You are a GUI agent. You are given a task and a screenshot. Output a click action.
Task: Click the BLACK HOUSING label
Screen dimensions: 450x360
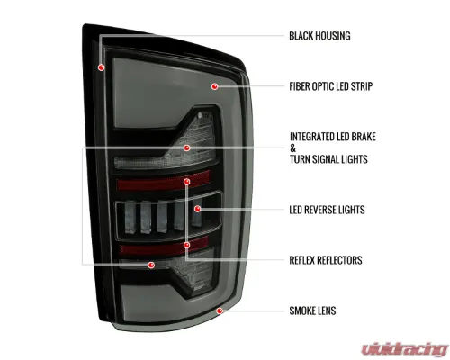319,36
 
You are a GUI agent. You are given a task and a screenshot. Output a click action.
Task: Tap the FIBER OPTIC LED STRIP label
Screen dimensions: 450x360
331,86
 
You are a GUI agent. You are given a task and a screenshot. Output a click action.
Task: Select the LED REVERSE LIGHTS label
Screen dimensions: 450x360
327,210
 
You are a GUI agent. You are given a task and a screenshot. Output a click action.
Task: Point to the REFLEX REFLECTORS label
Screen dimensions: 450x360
326,260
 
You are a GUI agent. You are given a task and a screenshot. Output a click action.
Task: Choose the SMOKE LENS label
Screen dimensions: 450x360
312,310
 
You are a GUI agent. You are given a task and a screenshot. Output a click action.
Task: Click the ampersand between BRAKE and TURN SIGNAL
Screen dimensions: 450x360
292,148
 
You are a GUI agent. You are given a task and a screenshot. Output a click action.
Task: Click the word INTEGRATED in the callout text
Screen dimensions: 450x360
311,137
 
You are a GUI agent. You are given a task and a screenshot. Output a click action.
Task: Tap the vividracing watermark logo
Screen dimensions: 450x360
404,349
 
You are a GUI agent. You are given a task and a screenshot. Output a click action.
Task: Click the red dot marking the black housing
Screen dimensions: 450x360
102,67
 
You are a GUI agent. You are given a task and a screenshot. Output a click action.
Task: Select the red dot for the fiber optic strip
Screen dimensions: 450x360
214,86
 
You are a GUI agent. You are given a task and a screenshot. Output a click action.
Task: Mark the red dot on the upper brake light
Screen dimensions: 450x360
187,148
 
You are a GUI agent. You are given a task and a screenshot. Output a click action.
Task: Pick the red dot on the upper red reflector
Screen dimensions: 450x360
187,182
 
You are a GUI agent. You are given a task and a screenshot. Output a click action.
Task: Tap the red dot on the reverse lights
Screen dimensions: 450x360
197,209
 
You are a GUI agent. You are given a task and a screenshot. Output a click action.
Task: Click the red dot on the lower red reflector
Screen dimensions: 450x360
187,246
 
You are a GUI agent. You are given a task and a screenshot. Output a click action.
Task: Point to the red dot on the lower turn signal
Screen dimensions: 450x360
151,265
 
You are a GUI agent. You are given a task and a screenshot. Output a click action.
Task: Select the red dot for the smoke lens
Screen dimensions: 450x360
220,310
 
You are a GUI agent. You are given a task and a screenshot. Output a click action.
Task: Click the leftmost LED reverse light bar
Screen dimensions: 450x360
130,217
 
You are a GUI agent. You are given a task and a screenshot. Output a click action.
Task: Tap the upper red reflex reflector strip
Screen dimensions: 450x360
164,181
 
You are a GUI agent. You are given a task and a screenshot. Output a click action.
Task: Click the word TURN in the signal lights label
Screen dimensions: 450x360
301,159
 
